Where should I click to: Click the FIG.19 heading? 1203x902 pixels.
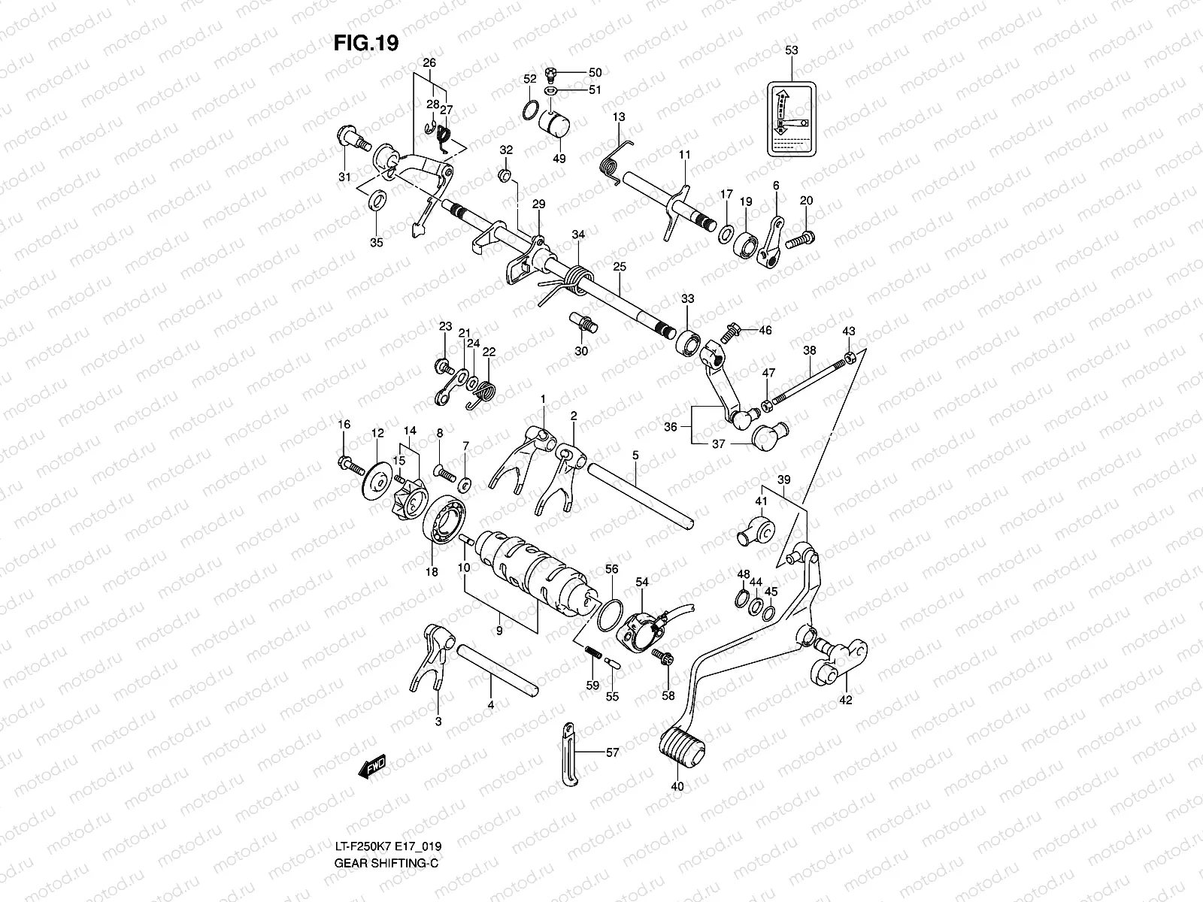pyautogui.click(x=365, y=44)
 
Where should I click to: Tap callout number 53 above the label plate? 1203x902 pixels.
pyautogui.click(x=791, y=50)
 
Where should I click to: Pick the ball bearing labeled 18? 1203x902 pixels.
pyautogui.click(x=444, y=521)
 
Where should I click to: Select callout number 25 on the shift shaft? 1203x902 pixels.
pyautogui.click(x=619, y=267)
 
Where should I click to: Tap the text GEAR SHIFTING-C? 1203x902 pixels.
pyautogui.click(x=386, y=862)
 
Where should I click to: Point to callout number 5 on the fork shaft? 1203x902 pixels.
pyautogui.click(x=635, y=456)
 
